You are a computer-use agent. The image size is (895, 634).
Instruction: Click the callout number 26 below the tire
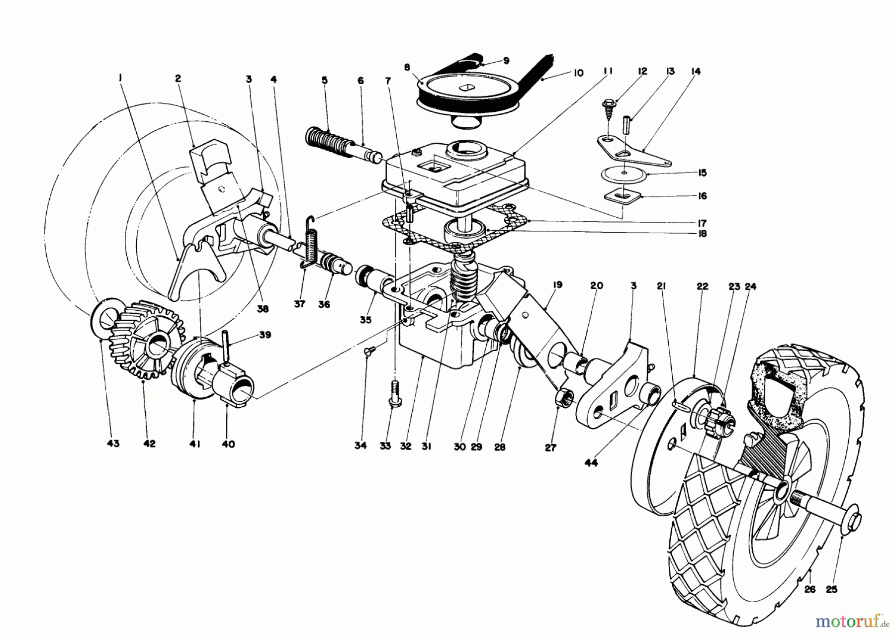click(x=810, y=590)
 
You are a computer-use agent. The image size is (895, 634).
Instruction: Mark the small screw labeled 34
click(x=369, y=351)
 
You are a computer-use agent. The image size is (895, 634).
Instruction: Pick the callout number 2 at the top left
click(x=178, y=78)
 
